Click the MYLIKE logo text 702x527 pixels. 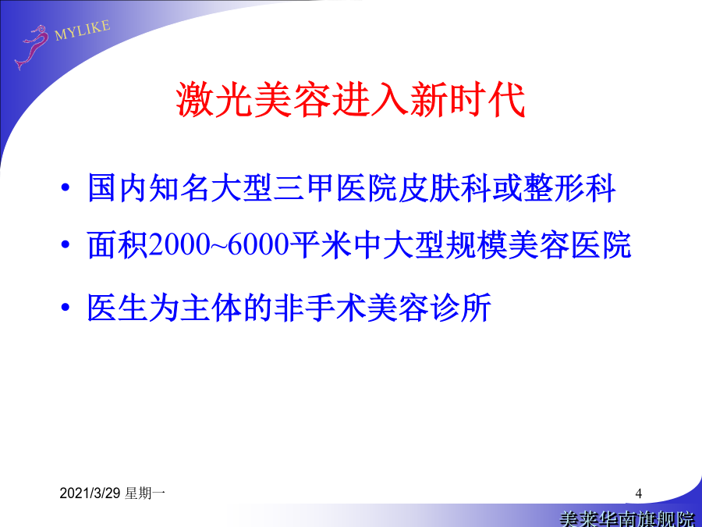(83, 30)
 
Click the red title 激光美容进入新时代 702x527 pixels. (350, 100)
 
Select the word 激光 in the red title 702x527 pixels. (214, 100)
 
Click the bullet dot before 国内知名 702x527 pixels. (66, 187)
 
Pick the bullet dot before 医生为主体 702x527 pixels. (66, 308)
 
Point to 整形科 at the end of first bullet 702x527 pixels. (569, 187)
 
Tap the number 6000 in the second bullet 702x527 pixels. (258, 245)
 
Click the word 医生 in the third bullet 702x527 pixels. (118, 308)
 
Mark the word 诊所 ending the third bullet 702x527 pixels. (461, 308)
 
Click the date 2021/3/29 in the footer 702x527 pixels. (90, 493)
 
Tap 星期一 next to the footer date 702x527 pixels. (146, 493)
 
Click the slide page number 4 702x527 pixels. (638, 494)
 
